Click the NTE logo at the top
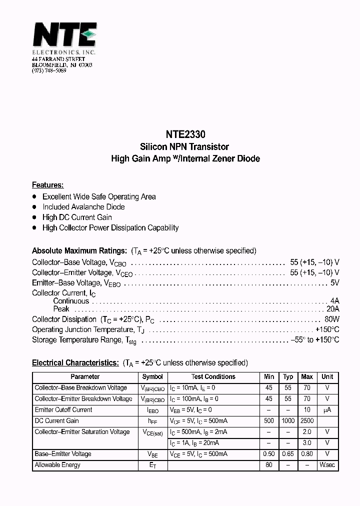pyautogui.click(x=64, y=36)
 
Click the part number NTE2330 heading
pyautogui.click(x=185, y=135)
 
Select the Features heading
pyautogui.click(x=47, y=185)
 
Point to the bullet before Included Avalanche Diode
pyautogui.click(x=34, y=207)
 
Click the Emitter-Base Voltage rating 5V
pyautogui.click(x=334, y=283)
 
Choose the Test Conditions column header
pyautogui.click(x=213, y=377)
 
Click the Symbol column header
pyautogui.click(x=152, y=377)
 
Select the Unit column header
pyautogui.click(x=327, y=377)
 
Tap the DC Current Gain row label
pyautogui.click(x=56, y=421)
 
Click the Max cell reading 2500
pyautogui.click(x=306, y=421)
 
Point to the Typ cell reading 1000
pyautogui.click(x=288, y=421)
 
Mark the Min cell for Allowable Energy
pyautogui.click(x=269, y=465)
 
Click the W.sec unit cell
pyautogui.click(x=327, y=465)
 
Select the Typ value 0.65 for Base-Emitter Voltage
pyautogui.click(x=288, y=454)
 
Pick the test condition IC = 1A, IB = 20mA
pyautogui.click(x=194, y=443)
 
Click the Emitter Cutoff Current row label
pyautogui.click(x=63, y=410)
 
